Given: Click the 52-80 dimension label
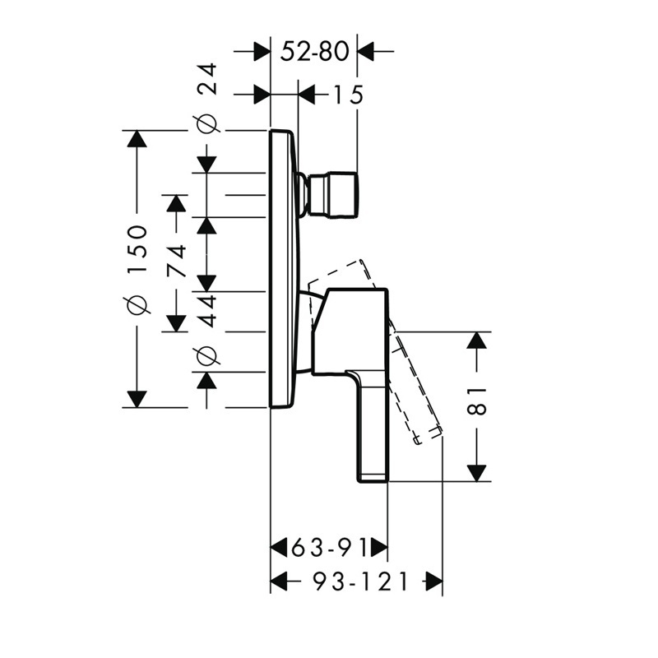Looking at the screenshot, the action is point(315,52).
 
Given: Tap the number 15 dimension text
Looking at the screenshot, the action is point(348,95).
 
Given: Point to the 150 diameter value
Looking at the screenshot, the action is point(138,249).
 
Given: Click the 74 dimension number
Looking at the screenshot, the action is point(176,261).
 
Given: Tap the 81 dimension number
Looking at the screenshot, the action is point(477,401).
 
